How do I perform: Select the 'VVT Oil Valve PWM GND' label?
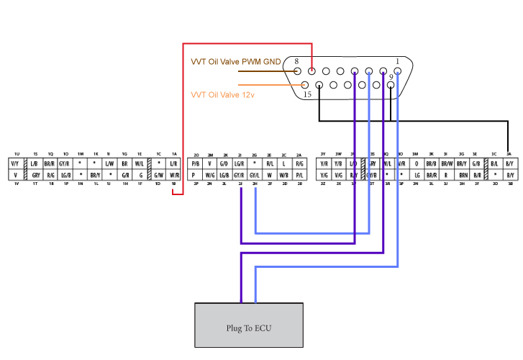[x=235, y=62]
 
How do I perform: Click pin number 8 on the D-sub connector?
[x=296, y=62]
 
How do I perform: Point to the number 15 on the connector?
[x=307, y=94]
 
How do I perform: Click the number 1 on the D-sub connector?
[x=397, y=61]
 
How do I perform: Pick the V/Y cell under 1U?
[x=15, y=164]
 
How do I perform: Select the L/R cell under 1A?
[x=174, y=164]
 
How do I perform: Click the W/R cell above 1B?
[x=174, y=175]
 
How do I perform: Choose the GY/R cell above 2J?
[x=239, y=175]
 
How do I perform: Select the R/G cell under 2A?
[x=299, y=164]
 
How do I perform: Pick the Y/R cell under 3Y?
[x=323, y=164]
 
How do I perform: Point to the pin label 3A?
[x=509, y=154]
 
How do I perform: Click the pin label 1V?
[x=15, y=185]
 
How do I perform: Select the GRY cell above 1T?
[x=35, y=175]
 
